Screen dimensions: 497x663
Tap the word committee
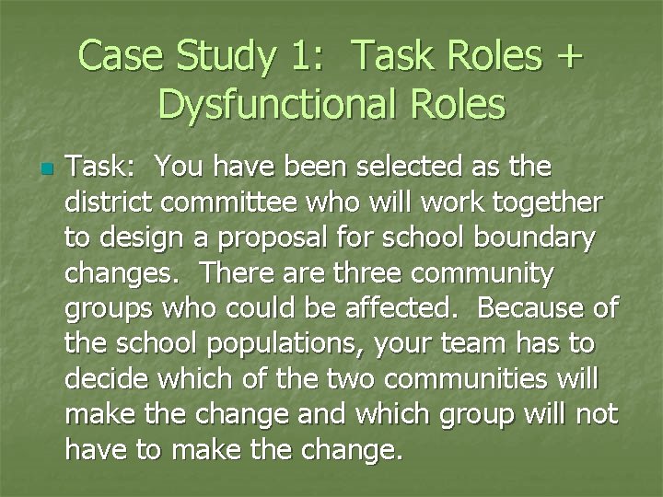(231, 202)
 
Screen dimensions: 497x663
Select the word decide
(110, 379)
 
